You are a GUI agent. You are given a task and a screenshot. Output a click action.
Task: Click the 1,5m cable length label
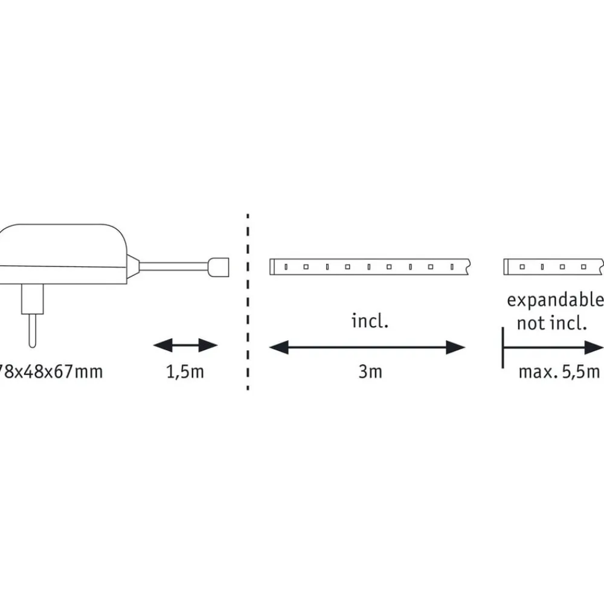[x=185, y=371]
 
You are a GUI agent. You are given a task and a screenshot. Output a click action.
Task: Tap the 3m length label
[x=370, y=371]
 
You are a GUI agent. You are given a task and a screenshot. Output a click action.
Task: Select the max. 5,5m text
[x=559, y=371]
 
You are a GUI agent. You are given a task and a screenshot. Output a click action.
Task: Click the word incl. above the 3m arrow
[x=370, y=321]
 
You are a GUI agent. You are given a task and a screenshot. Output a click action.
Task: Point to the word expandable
[x=554, y=300]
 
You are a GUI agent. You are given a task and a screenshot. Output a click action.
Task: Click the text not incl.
[x=551, y=323]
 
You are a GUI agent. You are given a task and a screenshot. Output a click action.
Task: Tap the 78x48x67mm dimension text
[x=51, y=371]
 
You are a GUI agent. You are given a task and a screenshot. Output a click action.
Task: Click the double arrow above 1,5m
[x=185, y=346]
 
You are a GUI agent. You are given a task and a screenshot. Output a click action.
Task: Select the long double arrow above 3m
[x=367, y=347]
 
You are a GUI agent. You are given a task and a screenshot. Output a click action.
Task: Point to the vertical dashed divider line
[x=247, y=302]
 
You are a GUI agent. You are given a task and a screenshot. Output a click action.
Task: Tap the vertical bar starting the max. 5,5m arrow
[x=503, y=347]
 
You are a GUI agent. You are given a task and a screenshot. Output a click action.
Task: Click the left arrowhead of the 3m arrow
[x=277, y=347]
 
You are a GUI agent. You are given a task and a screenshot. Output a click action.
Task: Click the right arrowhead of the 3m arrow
[x=457, y=347]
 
